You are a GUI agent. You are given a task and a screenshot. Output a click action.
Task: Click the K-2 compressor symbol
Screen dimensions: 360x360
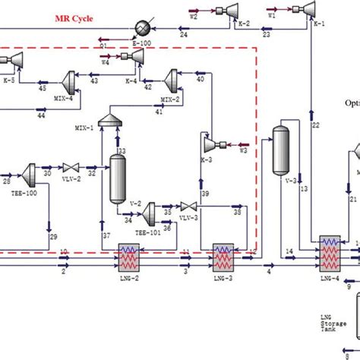247,8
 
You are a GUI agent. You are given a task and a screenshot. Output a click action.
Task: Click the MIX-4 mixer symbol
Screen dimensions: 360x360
70,77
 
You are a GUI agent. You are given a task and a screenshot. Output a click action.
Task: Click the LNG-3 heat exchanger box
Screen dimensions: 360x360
224,258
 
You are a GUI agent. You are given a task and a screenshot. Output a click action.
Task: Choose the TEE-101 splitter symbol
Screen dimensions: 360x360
152,209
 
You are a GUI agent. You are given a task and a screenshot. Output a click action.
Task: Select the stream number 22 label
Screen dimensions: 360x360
315,125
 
